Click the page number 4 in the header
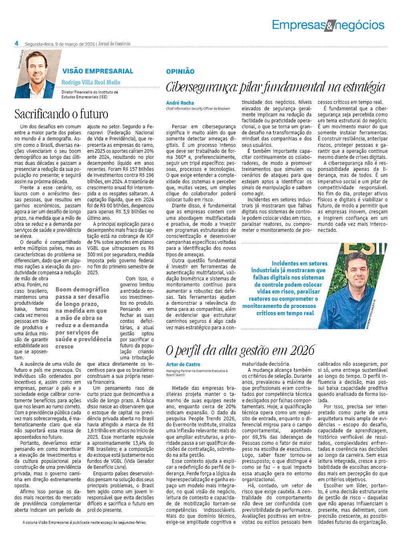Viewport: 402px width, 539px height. [17, 43]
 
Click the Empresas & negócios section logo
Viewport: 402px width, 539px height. [328, 25]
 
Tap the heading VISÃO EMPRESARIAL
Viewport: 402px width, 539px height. [97, 71]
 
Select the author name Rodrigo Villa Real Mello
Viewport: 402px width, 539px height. [91, 82]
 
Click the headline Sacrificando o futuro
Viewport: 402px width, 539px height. [61, 114]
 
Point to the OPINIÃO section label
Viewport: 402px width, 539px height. [180, 71]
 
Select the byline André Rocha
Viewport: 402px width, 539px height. [180, 103]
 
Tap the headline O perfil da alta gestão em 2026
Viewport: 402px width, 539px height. [240, 350]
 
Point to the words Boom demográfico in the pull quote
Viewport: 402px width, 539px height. [82, 289]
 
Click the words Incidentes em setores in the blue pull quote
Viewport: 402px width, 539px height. [299, 263]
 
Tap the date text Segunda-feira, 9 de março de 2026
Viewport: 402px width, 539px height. [60, 44]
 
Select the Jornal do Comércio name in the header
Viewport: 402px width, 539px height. [114, 44]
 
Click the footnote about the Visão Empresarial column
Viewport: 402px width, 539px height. [84, 523]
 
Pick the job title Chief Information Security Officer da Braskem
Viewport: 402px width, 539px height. [198, 109]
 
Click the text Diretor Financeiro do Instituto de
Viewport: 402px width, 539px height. [90, 92]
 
